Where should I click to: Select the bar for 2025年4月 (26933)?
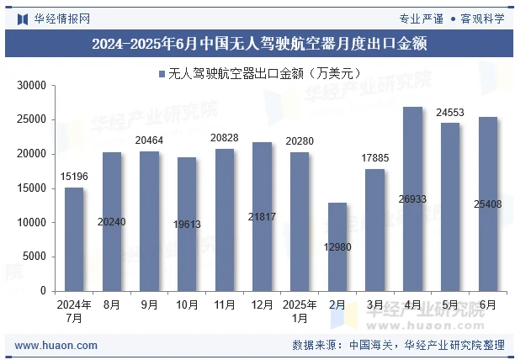click(412, 199)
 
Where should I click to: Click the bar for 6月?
click(487, 204)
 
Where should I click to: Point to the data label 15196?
click(74, 176)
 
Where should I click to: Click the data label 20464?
click(149, 140)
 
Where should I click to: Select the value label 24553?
click(449, 112)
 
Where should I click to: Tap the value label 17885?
click(374, 157)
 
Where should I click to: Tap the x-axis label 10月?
click(186, 304)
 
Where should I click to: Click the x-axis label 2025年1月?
click(299, 310)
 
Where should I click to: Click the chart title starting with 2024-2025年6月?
click(257, 44)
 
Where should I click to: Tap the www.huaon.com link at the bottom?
click(56, 345)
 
